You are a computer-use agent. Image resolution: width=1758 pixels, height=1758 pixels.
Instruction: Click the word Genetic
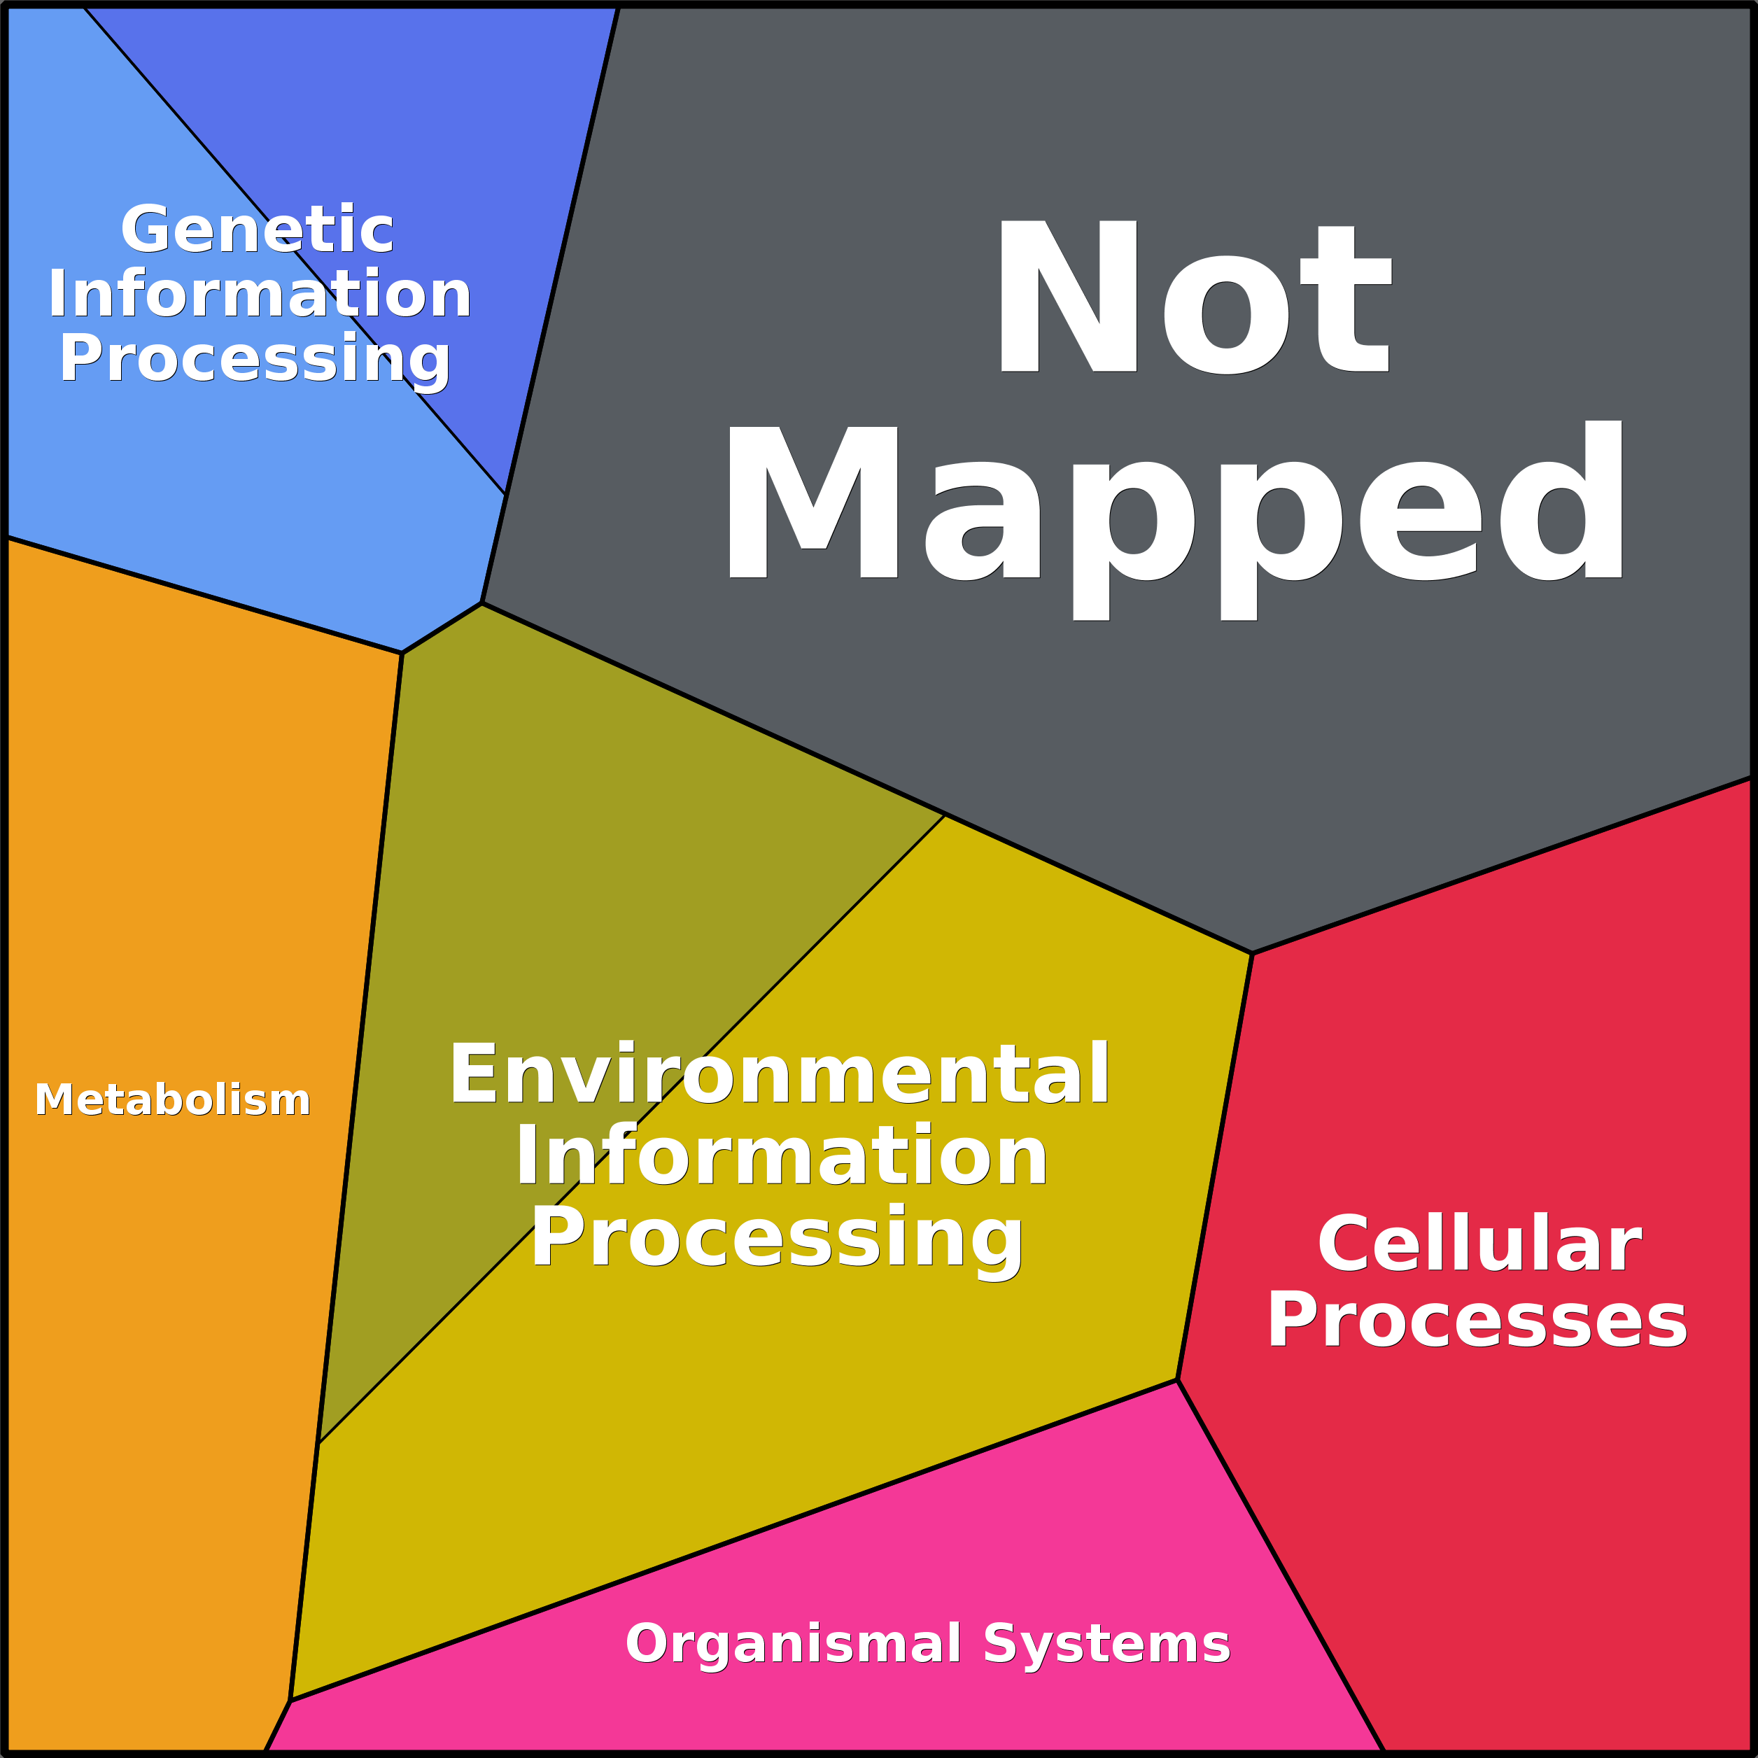(x=258, y=230)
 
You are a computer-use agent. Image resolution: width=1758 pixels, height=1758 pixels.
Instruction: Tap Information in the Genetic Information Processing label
(x=260, y=294)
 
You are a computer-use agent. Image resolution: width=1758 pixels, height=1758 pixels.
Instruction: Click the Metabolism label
(x=173, y=1100)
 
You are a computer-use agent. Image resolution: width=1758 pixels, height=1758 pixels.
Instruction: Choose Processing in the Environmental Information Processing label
(x=778, y=1239)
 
